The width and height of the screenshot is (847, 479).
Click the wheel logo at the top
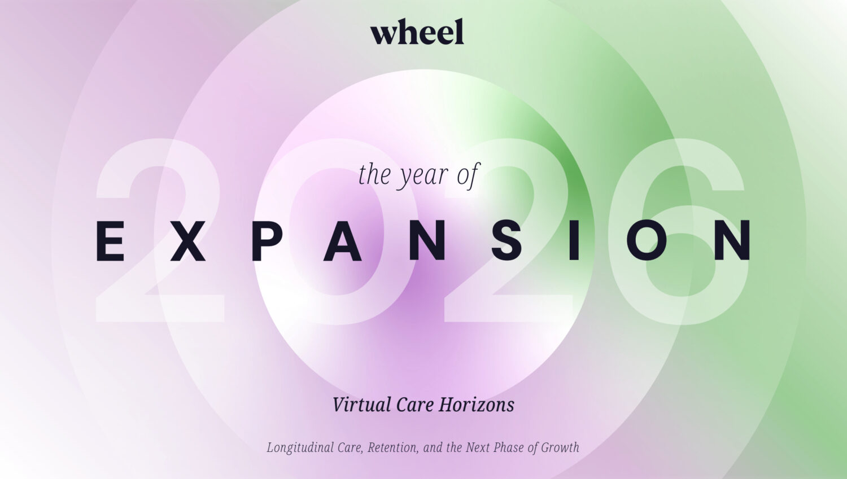tap(417, 32)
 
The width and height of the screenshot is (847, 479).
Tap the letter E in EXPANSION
tap(110, 241)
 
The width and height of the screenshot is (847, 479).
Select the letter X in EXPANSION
tap(187, 241)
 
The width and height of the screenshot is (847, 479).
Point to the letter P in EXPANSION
tap(267, 241)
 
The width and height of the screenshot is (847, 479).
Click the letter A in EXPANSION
tap(342, 241)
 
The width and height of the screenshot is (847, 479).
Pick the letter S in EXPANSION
tap(507, 241)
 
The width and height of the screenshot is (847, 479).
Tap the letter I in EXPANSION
tap(574, 241)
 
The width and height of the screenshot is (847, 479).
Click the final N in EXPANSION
tap(733, 241)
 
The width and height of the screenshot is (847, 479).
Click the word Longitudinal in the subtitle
tap(300, 448)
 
